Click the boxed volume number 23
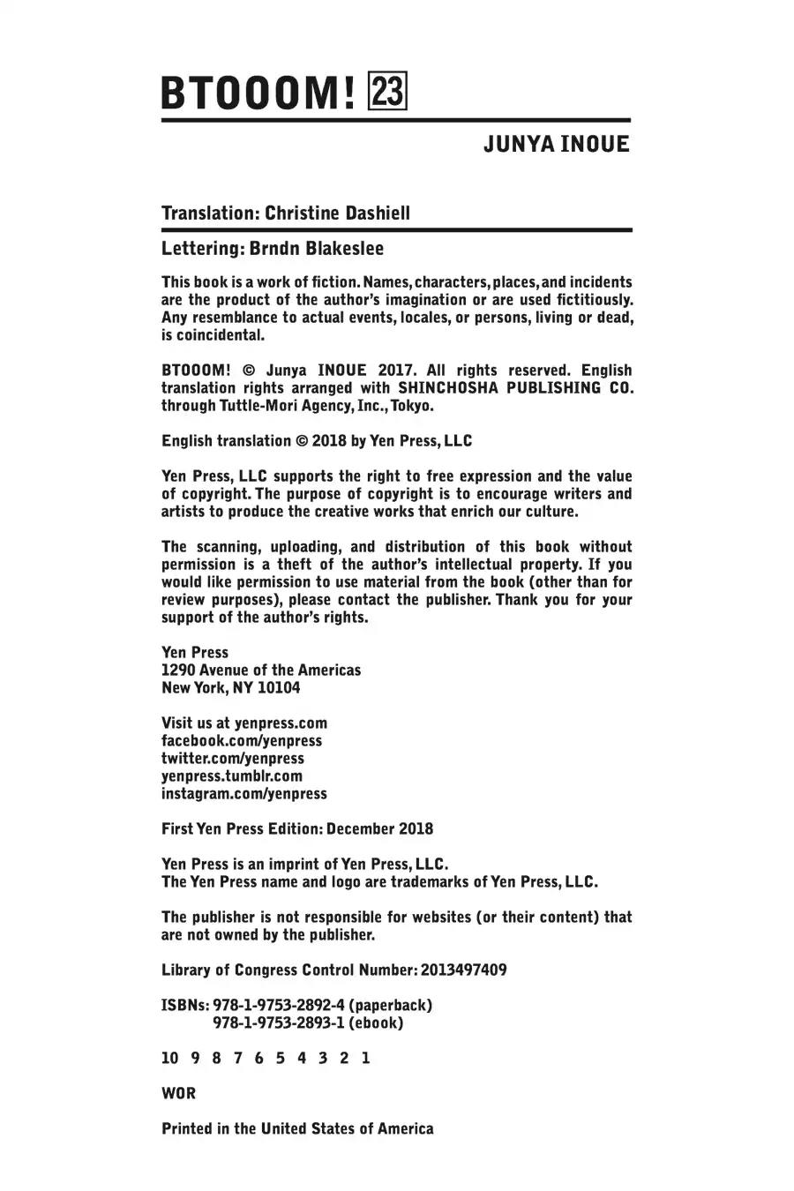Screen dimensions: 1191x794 388,92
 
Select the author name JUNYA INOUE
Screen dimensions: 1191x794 556,145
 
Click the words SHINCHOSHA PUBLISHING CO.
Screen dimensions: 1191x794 516,388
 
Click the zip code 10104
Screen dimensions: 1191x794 279,688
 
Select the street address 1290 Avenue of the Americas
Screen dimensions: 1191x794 261,670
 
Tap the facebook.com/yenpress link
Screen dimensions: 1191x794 242,741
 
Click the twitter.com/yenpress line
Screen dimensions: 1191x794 232,759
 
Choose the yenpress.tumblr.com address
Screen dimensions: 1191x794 231,776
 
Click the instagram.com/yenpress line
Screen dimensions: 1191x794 243,794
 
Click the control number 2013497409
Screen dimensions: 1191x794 464,970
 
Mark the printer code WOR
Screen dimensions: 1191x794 178,1094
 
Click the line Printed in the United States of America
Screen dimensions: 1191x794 297,1129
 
